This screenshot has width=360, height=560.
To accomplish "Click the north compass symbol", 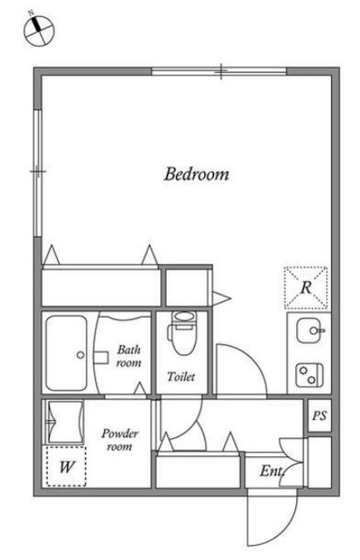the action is pyautogui.click(x=38, y=31).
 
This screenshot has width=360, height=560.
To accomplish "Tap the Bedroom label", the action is pyautogui.click(x=197, y=174).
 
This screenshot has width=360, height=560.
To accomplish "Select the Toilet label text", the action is pyautogui.click(x=181, y=377).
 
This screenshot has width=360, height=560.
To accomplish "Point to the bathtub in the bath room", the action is pyautogui.click(x=66, y=353).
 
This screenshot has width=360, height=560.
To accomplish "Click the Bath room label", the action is pyautogui.click(x=129, y=356).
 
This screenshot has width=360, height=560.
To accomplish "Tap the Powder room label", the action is pyautogui.click(x=119, y=440).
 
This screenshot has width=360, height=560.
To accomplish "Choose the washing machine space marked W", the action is pyautogui.click(x=66, y=465).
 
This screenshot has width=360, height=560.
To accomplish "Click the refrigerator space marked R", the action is pyautogui.click(x=306, y=288).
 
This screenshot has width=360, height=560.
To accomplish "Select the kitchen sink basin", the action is pyautogui.click(x=309, y=330).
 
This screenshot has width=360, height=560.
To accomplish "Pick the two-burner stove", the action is pyautogui.click(x=309, y=375).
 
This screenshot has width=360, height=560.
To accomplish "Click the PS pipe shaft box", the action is pyautogui.click(x=319, y=416).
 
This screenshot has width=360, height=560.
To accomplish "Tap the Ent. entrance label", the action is pyautogui.click(x=272, y=470).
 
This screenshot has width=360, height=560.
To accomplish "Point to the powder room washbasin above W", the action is pyautogui.click(x=66, y=422).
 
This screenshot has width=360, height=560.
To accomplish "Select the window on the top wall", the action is pyautogui.click(x=219, y=71).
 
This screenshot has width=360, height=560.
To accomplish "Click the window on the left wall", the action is pyautogui.click(x=37, y=173).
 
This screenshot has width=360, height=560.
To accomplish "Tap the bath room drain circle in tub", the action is pyautogui.click(x=80, y=355).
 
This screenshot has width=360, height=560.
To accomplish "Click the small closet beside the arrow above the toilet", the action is pyautogui.click(x=187, y=288).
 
